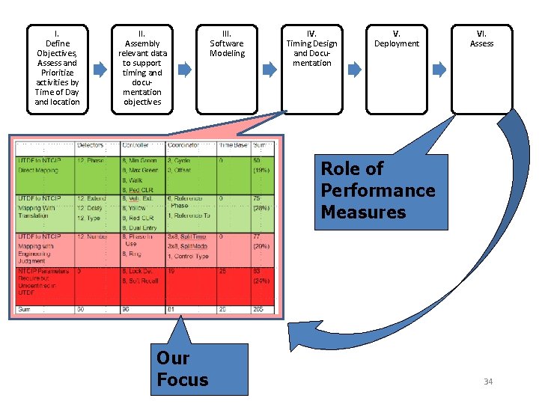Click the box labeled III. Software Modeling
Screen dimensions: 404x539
pyautogui.click(x=227, y=69)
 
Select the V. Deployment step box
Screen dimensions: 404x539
pyautogui.click(x=396, y=69)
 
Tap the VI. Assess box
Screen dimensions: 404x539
pyautogui.click(x=481, y=69)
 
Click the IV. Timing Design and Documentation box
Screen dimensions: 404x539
pyautogui.click(x=311, y=69)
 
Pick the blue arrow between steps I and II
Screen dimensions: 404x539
pyautogui.click(x=100, y=70)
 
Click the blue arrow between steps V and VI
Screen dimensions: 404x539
pyautogui.click(x=439, y=70)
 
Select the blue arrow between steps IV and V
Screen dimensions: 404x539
pyautogui.click(x=354, y=70)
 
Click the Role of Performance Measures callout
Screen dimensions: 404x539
pyautogui.click(x=377, y=191)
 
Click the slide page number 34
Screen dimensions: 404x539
pyautogui.click(x=488, y=382)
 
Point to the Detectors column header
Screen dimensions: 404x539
pyautogui.click(x=91, y=145)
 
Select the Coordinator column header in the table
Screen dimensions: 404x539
pyautogui.click(x=183, y=145)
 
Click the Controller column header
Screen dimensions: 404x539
pyautogui.click(x=135, y=145)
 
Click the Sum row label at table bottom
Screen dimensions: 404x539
pyautogui.click(x=25, y=308)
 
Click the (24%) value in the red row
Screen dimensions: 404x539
pyautogui.click(x=261, y=281)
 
